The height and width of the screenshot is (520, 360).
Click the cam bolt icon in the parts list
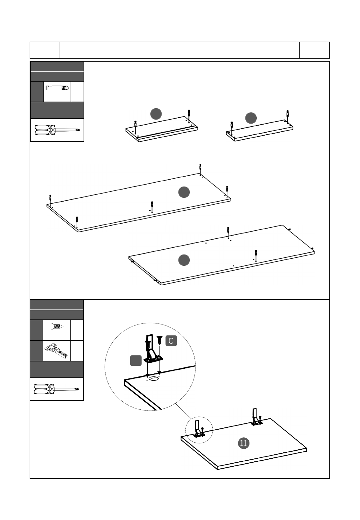coord(57,88)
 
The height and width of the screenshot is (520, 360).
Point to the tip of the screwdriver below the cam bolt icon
coord(79,130)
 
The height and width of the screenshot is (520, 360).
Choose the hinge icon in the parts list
coord(56,350)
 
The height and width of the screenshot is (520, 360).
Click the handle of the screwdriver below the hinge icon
coord(44,389)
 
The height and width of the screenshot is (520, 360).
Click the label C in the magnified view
coord(171,341)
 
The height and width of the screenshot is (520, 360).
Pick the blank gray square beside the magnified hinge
coord(136,360)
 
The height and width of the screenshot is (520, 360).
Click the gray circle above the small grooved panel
coord(156,114)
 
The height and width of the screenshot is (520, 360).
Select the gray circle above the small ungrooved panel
coord(251,118)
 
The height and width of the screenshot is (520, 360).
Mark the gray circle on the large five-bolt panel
coord(184,192)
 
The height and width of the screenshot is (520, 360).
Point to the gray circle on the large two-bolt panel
coord(184,260)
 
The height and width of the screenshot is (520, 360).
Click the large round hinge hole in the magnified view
coord(154,379)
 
